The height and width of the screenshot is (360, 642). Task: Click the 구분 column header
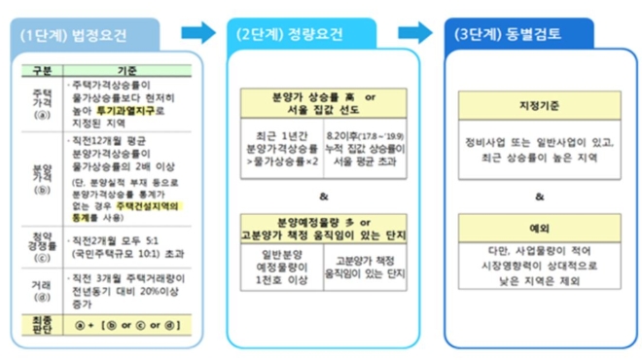coord(39,71)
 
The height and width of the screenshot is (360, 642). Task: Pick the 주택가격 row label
coord(40,100)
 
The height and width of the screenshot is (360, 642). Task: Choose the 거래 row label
coord(40,289)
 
